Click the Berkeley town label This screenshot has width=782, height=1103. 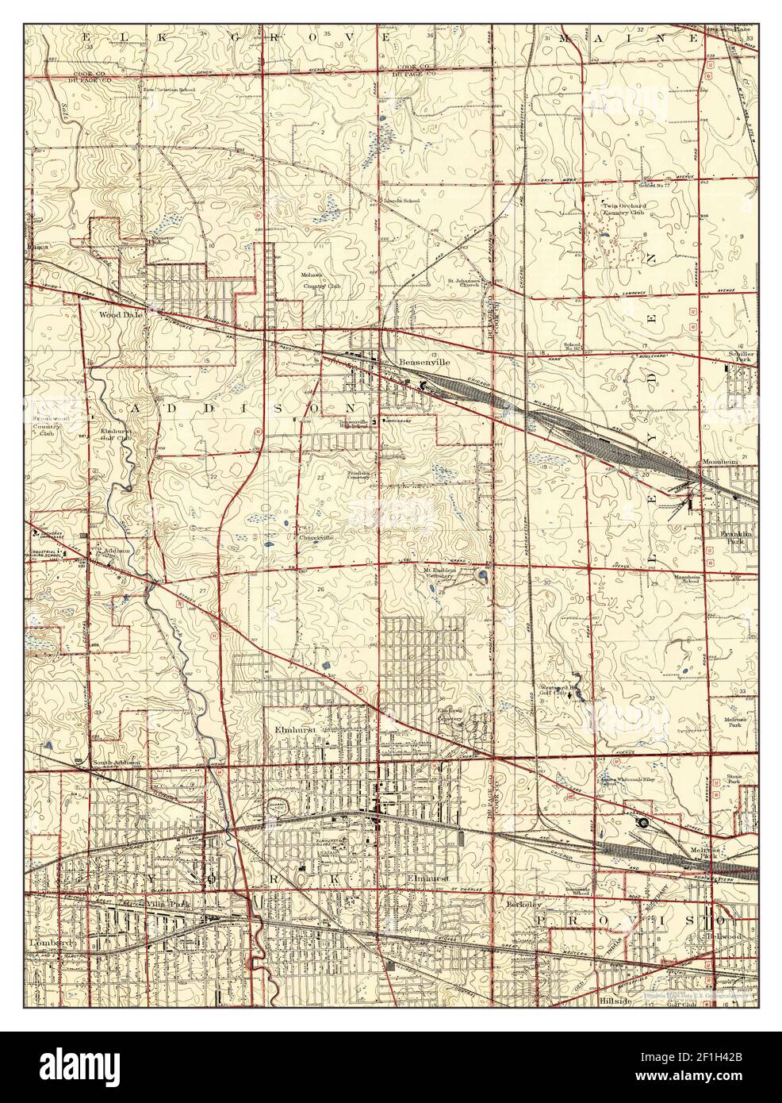coord(523,904)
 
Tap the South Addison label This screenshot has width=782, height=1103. coord(116,763)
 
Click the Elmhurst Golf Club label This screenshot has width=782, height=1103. coord(115,433)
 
